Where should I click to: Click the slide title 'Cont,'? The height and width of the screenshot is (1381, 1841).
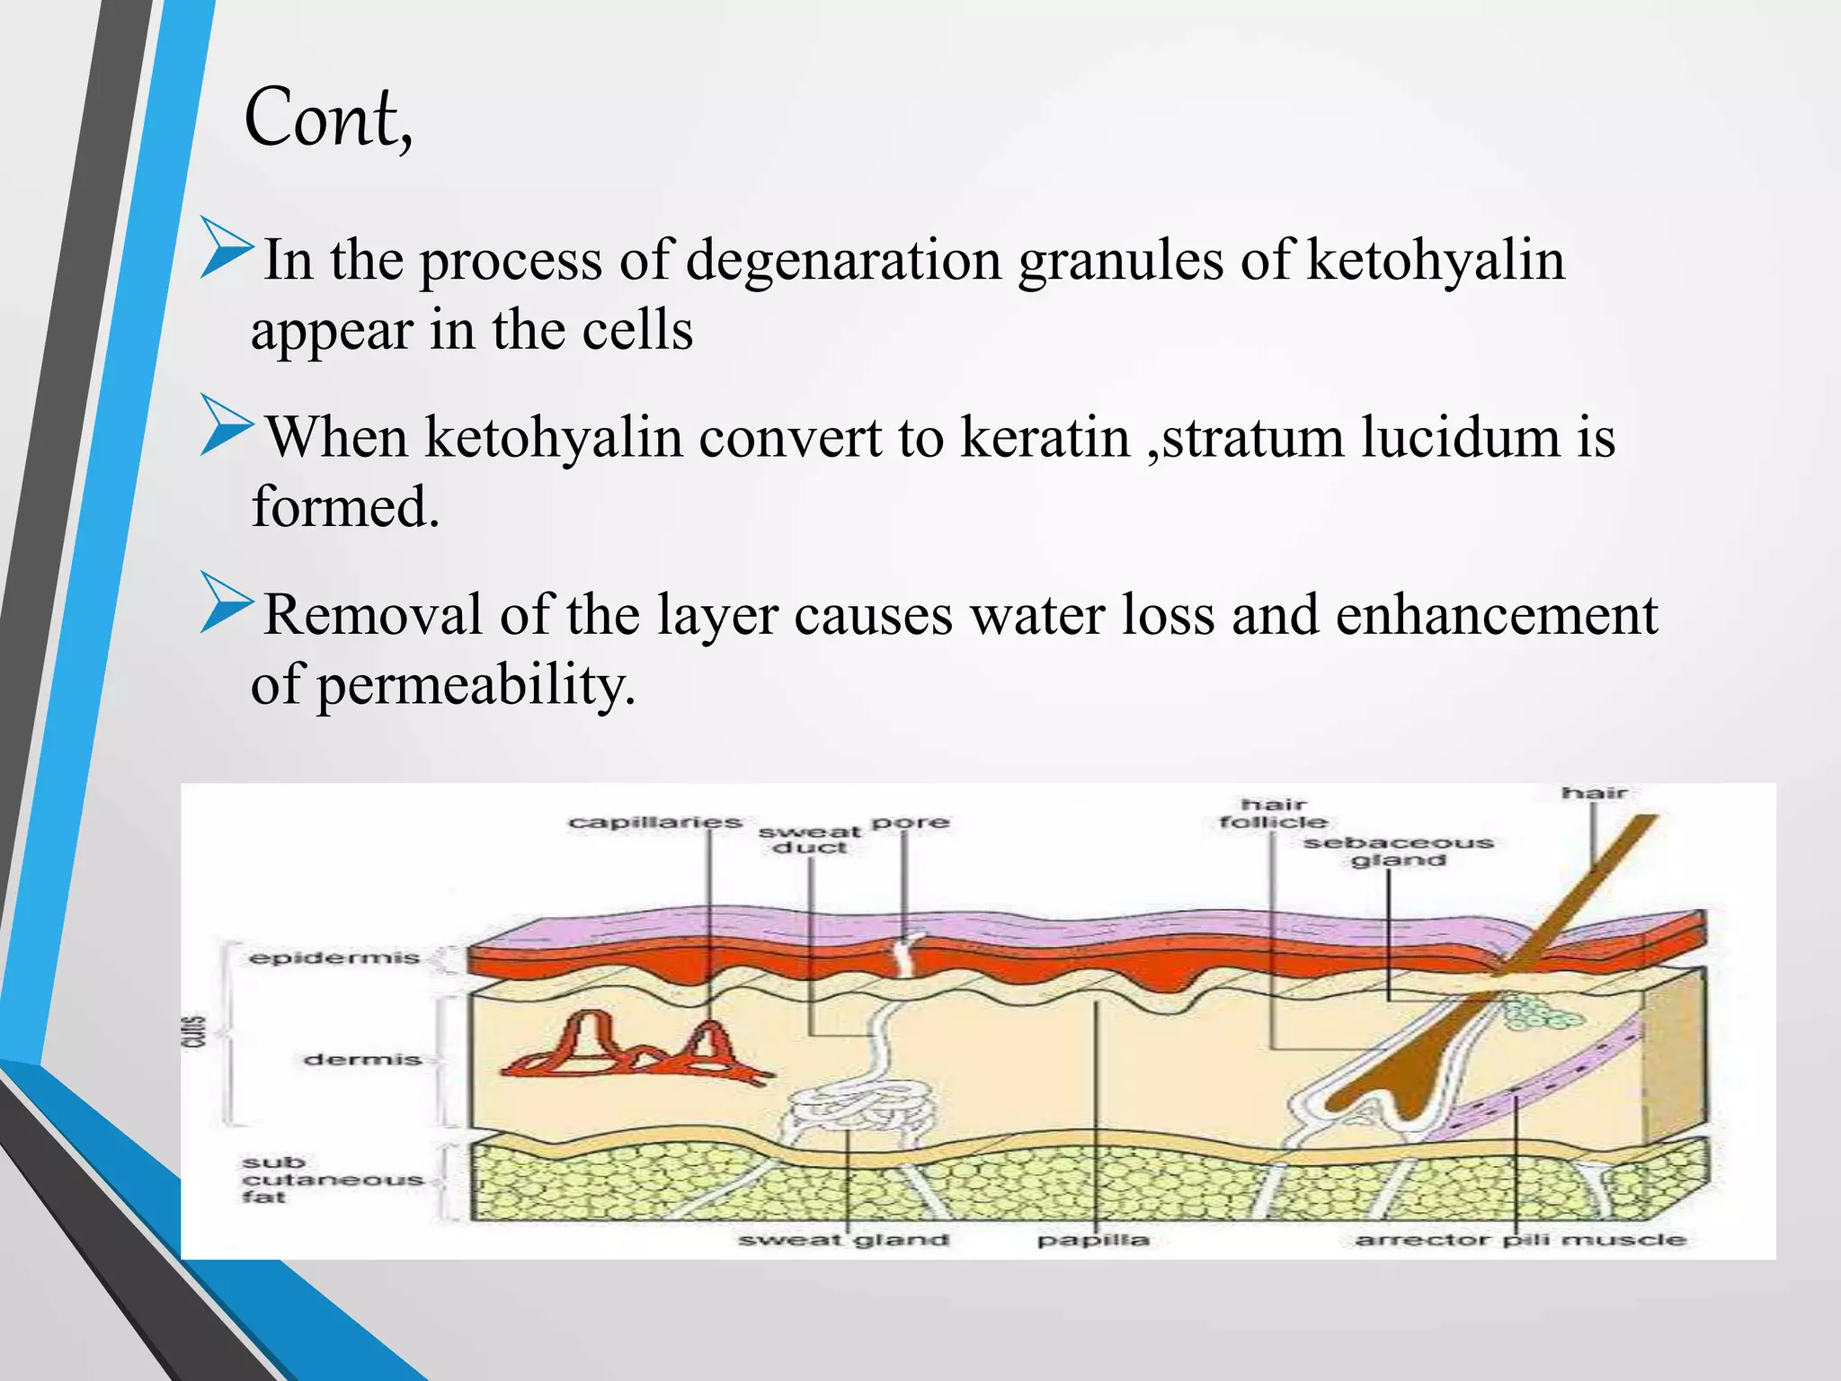click(x=328, y=119)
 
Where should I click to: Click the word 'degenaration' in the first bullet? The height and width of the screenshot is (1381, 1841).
click(x=842, y=261)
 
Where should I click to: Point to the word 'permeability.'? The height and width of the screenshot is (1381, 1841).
click(x=476, y=686)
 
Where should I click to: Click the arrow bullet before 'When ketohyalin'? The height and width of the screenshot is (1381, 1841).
click(x=226, y=425)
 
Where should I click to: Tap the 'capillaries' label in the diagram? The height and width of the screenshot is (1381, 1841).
click(x=655, y=823)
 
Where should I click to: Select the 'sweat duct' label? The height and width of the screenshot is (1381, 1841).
click(x=809, y=840)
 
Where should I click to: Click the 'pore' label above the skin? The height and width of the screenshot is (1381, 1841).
click(x=911, y=822)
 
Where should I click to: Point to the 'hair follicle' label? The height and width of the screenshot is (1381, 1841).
click(x=1273, y=813)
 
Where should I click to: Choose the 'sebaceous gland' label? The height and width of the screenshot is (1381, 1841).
click(x=1399, y=851)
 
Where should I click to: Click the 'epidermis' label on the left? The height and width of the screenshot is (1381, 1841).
click(x=334, y=958)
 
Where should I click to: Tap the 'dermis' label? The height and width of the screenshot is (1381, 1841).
click(x=362, y=1060)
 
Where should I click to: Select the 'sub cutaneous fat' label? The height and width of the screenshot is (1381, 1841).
click(x=331, y=1180)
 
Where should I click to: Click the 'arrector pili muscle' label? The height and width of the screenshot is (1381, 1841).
click(x=1520, y=1241)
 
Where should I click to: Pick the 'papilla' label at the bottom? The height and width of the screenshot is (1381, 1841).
click(x=1093, y=1241)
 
